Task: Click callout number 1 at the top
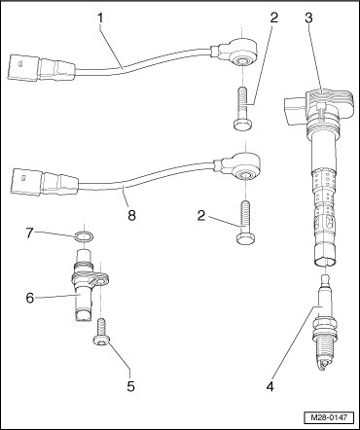tap(101, 18)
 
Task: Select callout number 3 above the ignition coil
tap(308, 18)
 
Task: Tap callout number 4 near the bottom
tap(270, 386)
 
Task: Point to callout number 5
tap(130, 386)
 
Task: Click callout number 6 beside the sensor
tap(30, 298)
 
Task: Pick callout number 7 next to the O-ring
tap(30, 233)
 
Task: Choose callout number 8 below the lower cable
tap(131, 215)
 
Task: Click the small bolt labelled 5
tap(101, 334)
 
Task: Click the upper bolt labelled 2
tap(242, 109)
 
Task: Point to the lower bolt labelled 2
tap(245, 223)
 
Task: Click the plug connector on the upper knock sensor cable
tap(41, 67)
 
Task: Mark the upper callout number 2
tap(274, 18)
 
